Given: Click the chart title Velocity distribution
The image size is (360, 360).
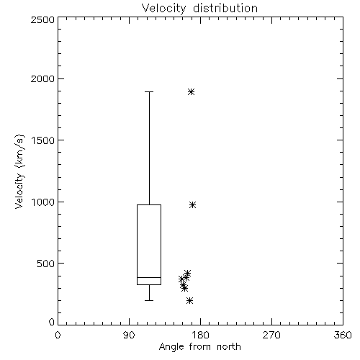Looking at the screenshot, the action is tap(199, 9).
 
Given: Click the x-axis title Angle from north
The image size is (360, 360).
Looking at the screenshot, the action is tap(199, 347).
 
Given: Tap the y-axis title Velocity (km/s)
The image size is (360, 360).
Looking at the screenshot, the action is tap(19, 171).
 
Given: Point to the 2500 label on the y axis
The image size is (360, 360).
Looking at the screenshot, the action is tap(42, 19).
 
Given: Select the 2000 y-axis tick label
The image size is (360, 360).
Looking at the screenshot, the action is tap(42, 78).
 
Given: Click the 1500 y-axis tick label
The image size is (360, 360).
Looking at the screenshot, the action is tap(43, 140).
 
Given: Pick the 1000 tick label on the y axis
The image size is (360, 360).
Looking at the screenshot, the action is tap(43, 202).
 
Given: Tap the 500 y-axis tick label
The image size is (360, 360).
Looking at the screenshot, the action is tap(46, 264).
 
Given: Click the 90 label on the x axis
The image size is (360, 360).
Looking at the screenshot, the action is tap(129, 335).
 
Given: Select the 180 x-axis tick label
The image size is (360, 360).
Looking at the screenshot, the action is tap(201, 335).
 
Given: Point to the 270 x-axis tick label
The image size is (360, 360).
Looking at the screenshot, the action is tap(271, 335).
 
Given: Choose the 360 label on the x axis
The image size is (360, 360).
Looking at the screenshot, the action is tap(343, 335).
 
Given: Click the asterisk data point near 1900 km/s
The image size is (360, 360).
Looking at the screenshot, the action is tap(191, 91).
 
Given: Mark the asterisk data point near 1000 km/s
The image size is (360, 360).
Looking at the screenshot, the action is tap(192, 204).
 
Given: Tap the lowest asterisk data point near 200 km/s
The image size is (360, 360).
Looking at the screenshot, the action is tap(190, 300).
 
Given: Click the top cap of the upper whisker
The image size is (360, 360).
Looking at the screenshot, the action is tap(149, 91).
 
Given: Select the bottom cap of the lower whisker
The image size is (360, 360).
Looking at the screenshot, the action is tap(149, 300).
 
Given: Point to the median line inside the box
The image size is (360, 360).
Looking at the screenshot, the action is tap(149, 278).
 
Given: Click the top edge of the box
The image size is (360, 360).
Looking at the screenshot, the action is tap(149, 204).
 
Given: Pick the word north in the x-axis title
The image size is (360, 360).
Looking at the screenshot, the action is tap(229, 347).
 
